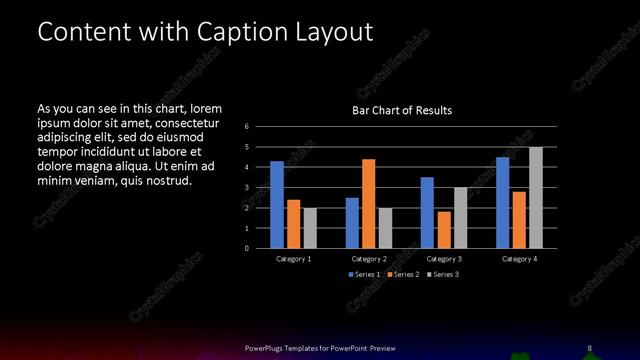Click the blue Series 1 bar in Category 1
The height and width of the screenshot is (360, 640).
point(277,205)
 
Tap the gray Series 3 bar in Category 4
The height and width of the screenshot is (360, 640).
point(536,197)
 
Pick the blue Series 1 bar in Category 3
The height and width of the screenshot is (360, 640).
point(427,212)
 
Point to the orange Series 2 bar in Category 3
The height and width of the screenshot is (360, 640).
point(444,230)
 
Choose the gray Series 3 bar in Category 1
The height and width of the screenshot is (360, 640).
point(310,228)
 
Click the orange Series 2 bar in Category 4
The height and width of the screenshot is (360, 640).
point(519,220)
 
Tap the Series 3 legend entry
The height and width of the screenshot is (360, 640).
point(443,274)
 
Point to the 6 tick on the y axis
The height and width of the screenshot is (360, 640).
point(246,127)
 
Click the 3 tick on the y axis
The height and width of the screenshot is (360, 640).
point(246,188)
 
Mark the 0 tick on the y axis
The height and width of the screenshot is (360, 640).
point(246,248)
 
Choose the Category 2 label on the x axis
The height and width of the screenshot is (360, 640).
point(369,259)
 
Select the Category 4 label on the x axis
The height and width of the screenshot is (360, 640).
point(519,259)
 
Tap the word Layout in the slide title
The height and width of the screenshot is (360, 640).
point(336,32)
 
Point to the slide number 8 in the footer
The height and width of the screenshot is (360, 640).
point(590,348)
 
